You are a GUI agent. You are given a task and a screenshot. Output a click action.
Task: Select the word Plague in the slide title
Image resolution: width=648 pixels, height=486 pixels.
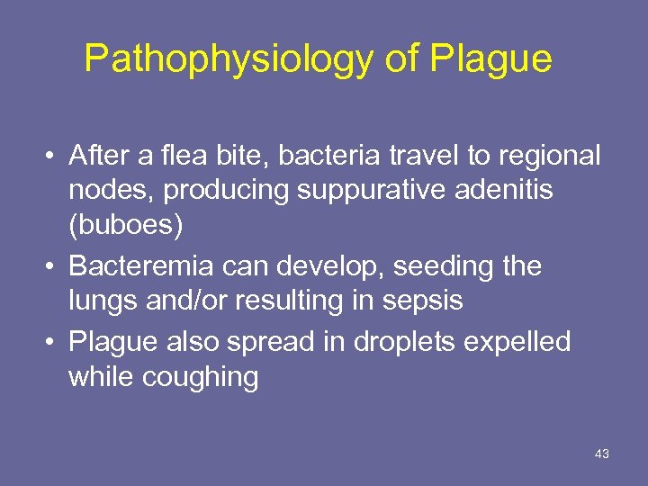click(x=491, y=59)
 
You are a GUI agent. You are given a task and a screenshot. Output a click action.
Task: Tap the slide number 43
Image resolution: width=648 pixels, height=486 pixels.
click(x=602, y=454)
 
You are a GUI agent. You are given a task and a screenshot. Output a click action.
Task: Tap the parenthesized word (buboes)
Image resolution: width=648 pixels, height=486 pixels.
click(x=126, y=226)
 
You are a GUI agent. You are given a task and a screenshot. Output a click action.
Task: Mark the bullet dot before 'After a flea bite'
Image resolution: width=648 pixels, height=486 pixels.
click(x=53, y=157)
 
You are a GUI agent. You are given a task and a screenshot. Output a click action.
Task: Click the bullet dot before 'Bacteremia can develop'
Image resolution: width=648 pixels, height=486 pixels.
click(x=53, y=267)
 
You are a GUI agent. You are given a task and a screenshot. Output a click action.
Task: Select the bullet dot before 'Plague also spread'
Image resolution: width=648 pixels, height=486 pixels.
click(x=53, y=343)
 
